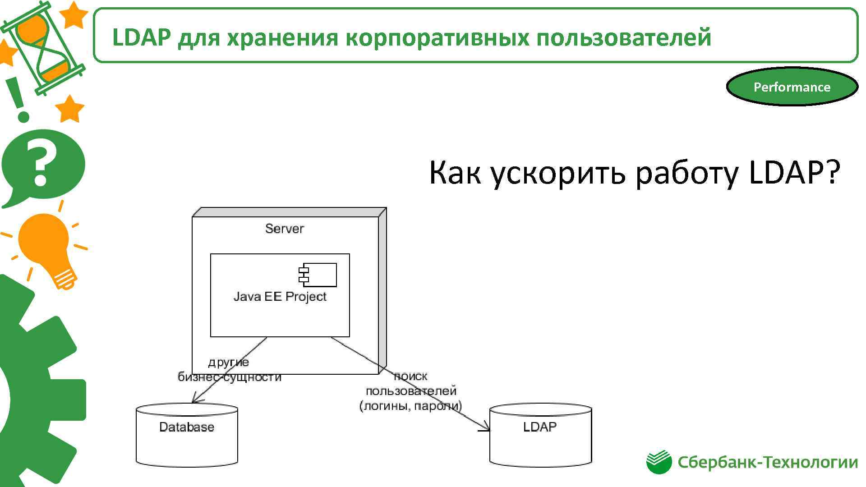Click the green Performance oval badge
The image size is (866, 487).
tap(792, 87)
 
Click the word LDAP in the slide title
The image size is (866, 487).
tap(141, 37)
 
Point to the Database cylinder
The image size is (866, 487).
tap(187, 435)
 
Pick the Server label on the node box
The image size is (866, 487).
tap(284, 229)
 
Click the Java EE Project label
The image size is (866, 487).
tap(280, 297)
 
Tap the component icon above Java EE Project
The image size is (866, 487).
tap(318, 275)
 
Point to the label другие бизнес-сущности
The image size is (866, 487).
tap(229, 370)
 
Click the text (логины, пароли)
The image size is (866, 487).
tap(410, 406)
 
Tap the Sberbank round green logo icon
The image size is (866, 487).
tap(659, 462)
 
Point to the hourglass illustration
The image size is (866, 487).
tap(43, 47)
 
